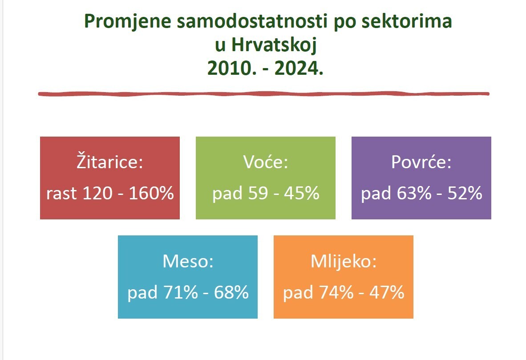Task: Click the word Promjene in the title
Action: click(127, 21)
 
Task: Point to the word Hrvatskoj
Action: click(274, 44)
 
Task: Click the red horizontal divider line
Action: click(264, 94)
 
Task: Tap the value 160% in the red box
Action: click(151, 193)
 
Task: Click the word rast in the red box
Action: click(61, 193)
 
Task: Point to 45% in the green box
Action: click(302, 193)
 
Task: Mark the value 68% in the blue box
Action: click(231, 292)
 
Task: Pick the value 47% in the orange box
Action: click(387, 292)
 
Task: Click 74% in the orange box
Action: click(336, 292)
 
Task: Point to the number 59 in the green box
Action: click(258, 193)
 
